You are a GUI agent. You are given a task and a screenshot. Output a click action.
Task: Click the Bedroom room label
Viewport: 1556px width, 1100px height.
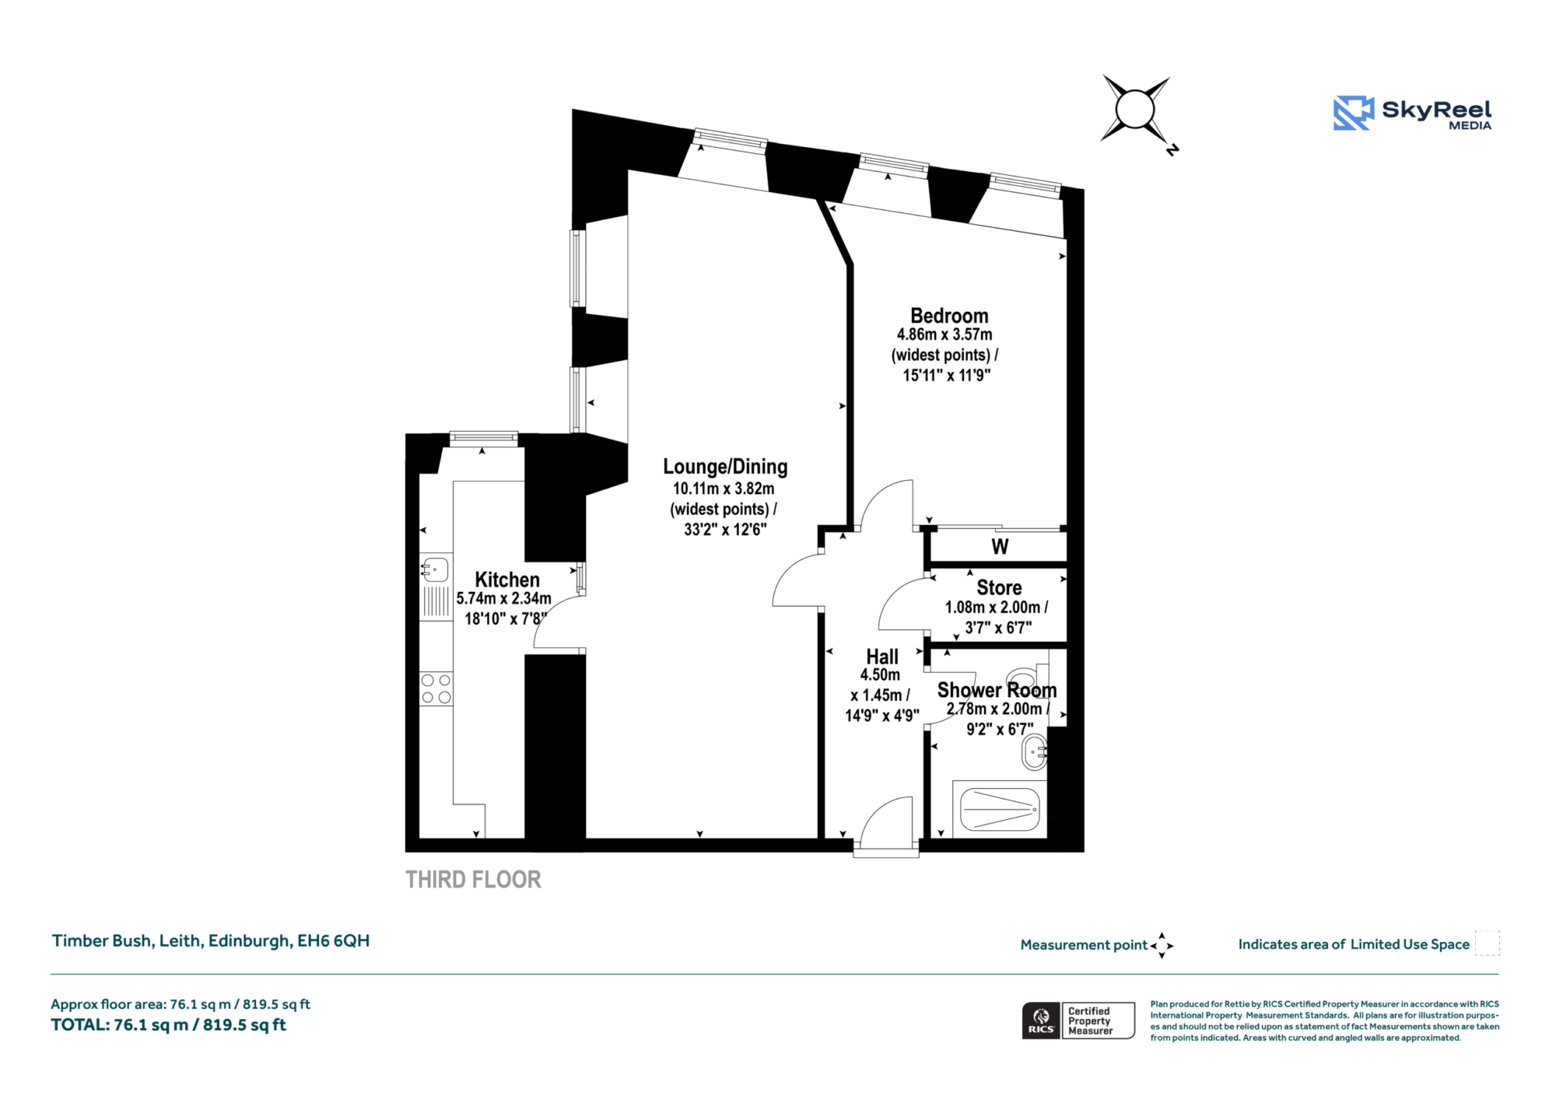point(949,316)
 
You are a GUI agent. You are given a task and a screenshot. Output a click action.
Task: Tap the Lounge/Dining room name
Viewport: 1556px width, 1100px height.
point(725,467)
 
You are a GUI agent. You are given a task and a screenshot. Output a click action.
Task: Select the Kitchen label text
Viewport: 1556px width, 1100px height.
point(507,580)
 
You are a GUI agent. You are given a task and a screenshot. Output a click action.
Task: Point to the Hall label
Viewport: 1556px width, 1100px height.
point(882,657)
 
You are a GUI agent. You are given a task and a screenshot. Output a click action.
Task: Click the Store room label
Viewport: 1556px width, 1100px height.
point(999,587)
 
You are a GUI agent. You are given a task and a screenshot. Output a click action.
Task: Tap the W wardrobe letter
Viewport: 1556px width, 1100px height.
point(1000,547)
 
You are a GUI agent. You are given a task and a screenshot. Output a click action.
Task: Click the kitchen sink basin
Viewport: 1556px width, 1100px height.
point(435,569)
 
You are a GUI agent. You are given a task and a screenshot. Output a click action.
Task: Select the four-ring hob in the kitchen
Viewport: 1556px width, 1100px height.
point(436,689)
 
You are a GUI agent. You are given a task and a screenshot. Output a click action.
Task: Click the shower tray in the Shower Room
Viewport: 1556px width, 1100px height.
point(1000,809)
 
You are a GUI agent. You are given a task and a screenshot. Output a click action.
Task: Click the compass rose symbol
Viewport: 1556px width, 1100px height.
point(1136,110)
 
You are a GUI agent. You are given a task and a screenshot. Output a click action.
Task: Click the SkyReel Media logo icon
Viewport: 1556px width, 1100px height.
point(1354,113)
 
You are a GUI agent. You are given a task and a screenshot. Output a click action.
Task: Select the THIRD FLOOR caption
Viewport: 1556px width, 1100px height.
point(473,880)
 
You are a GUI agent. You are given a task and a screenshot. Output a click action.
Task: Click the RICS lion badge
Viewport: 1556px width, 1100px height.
point(1041,1021)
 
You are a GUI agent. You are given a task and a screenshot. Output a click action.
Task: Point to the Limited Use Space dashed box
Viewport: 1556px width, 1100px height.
point(1487,943)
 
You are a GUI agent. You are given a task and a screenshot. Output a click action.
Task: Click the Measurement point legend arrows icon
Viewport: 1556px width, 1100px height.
point(1162,945)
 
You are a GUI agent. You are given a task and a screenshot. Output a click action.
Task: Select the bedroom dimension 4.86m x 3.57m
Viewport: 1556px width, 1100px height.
point(944,335)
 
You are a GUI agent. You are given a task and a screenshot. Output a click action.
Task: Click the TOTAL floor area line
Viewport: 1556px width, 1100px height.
point(169,1025)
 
